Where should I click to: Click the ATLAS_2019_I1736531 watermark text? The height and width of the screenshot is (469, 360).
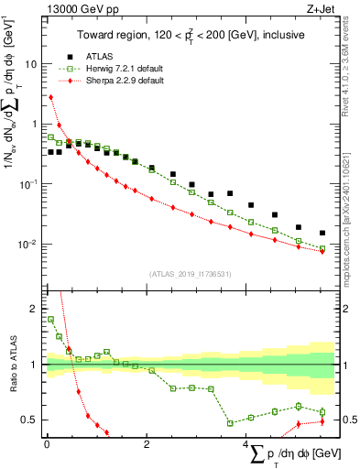tap(191, 274)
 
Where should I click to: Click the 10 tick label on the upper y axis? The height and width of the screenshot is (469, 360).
tap(30, 64)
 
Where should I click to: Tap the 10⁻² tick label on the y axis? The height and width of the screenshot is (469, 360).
tap(27, 245)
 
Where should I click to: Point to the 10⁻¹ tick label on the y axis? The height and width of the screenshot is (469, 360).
tap(27, 184)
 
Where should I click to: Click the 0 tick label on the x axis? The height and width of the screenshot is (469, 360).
tap(47, 444)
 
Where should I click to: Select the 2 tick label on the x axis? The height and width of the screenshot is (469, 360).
tap(147, 444)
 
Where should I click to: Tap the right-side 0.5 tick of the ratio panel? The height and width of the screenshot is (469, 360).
tap(348, 420)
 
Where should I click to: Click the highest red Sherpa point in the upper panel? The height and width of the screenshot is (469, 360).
tap(51, 96)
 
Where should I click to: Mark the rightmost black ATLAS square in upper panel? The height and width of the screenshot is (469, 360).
tap(322, 233)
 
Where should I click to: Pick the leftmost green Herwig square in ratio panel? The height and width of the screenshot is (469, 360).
tap(51, 320)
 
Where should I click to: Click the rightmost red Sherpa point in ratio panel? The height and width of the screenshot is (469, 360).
tap(322, 421)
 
